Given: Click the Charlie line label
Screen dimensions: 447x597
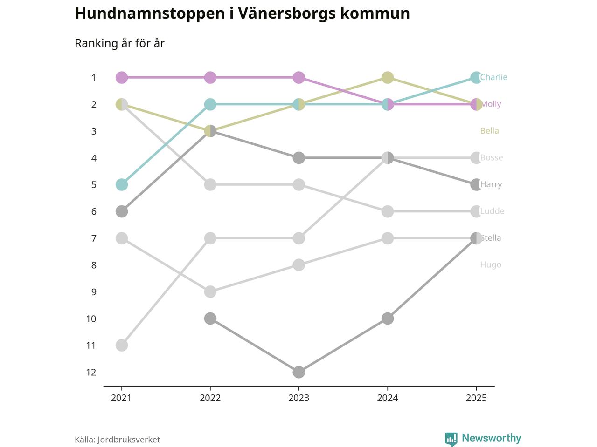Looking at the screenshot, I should point(493,77).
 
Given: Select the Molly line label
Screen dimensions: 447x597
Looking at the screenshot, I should point(491,104).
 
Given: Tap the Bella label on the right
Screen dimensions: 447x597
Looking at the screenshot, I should point(489,131).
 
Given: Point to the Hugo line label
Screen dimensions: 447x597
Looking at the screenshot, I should point(491,265).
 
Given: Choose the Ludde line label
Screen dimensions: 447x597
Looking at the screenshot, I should point(492,211).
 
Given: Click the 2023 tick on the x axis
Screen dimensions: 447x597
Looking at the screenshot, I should point(298,398).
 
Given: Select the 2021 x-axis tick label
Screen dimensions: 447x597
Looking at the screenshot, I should point(121,398).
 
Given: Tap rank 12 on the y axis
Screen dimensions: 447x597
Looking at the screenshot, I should point(91,372).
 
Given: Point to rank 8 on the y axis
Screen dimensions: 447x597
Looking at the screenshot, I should point(94,265).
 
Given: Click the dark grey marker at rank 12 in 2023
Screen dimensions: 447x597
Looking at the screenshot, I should point(298,372).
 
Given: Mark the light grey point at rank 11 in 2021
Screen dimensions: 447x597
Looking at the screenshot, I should point(121,345).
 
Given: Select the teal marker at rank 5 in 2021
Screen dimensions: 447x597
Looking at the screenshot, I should point(121,185).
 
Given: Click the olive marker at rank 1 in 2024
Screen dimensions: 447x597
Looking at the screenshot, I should point(387,77).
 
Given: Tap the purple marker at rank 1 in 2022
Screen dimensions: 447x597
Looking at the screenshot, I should point(210,77).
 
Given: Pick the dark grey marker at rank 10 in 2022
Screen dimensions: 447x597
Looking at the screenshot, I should point(210,318).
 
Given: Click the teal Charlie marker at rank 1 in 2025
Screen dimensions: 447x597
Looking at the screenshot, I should point(476,77).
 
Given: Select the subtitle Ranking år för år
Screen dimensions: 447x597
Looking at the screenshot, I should point(119,43).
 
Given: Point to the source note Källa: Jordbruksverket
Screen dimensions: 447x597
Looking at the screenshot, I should point(117,440).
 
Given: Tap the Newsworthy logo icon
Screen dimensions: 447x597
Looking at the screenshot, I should point(451,439).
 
